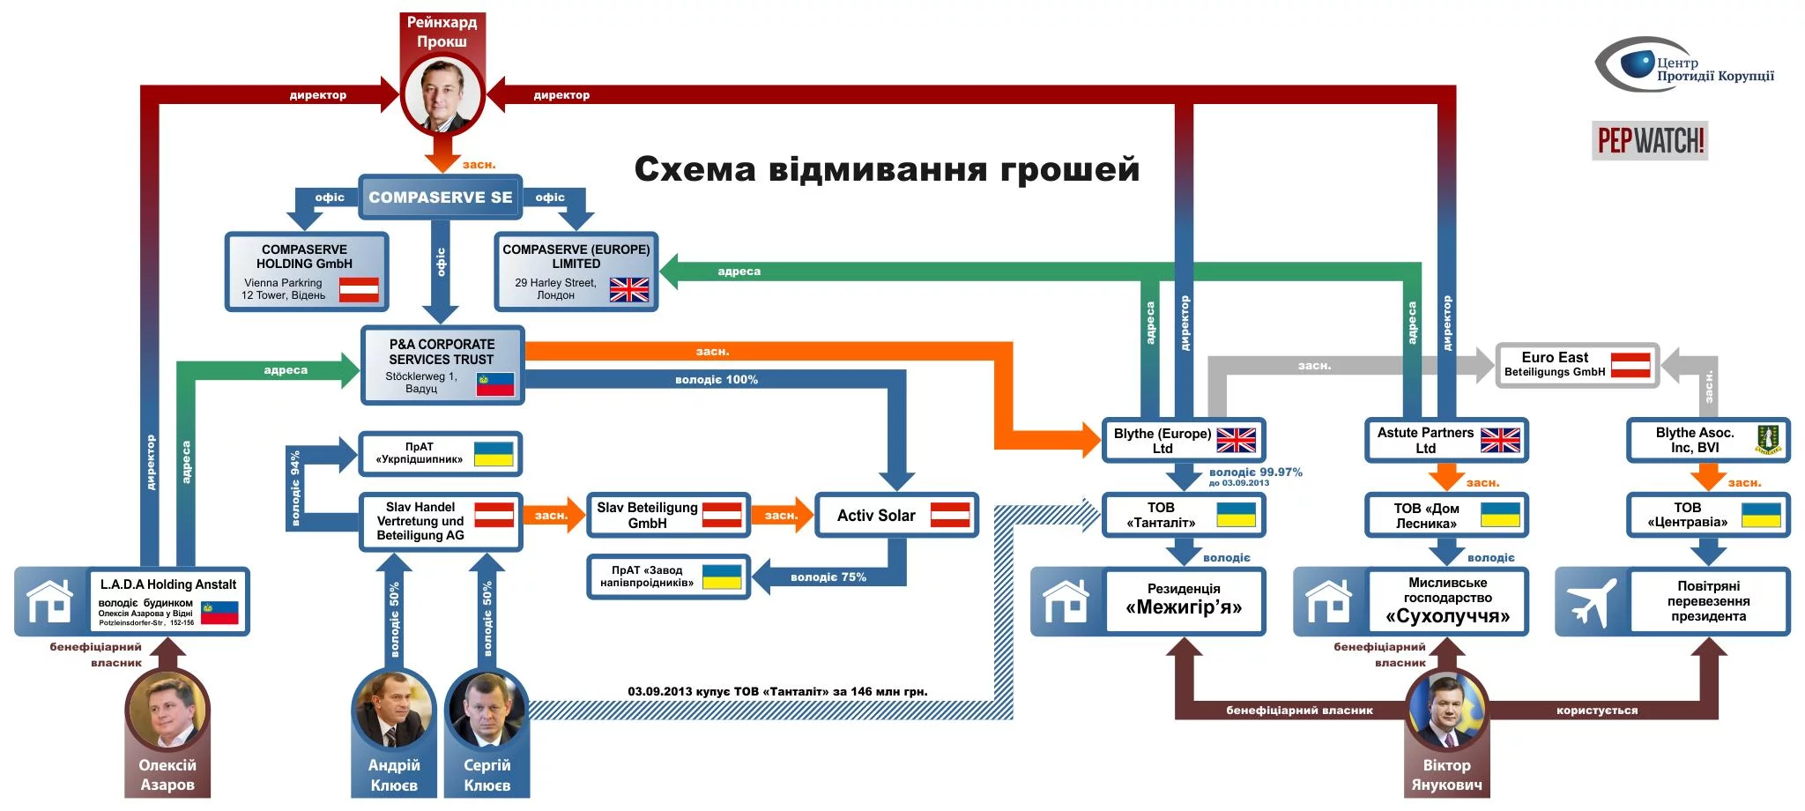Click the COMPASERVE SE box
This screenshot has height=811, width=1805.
pyautogui.click(x=440, y=197)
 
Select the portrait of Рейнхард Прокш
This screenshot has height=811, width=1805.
pyautogui.click(x=442, y=93)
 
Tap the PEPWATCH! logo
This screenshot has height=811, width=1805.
pyautogui.click(x=1650, y=140)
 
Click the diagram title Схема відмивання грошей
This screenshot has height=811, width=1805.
pyautogui.click(x=887, y=169)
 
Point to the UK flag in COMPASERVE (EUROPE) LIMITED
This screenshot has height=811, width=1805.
pyautogui.click(x=628, y=289)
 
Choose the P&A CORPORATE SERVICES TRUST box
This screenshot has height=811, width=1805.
pyautogui.click(x=442, y=365)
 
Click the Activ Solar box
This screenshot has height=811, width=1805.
pyautogui.click(x=896, y=516)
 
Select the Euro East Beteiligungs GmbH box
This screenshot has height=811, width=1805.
pyautogui.click(x=1577, y=365)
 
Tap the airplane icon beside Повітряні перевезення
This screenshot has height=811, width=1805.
pyautogui.click(x=1591, y=602)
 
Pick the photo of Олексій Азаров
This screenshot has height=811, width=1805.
pyautogui.click(x=167, y=711)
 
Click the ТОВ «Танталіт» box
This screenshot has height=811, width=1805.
pyautogui.click(x=1183, y=515)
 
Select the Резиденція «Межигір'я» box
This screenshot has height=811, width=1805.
pyautogui.click(x=1183, y=600)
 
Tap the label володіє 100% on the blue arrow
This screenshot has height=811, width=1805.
pyautogui.click(x=717, y=380)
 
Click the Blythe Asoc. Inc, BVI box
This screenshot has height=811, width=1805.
pyautogui.click(x=1707, y=440)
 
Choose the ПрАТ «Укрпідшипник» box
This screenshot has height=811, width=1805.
pyautogui.click(x=439, y=453)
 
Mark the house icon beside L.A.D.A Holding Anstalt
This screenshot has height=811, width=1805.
pyautogui.click(x=50, y=602)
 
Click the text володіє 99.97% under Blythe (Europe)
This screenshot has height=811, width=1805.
pyautogui.click(x=1255, y=472)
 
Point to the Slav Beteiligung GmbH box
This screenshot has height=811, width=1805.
pyautogui.click(x=668, y=516)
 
